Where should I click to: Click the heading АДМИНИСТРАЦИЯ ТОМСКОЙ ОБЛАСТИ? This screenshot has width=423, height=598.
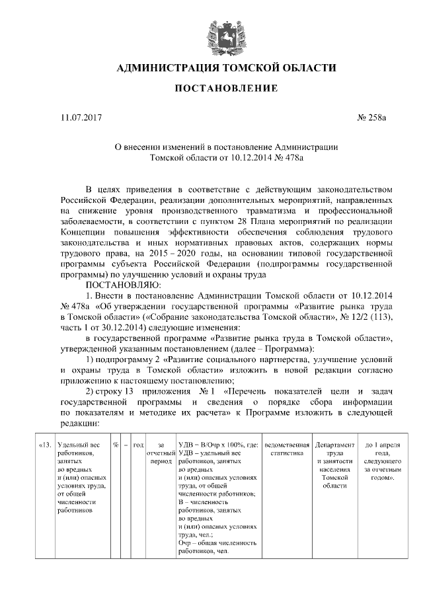[211, 68]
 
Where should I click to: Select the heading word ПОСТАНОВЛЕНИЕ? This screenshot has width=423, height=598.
[211, 89]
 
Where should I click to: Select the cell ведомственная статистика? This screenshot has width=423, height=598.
[286, 449]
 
